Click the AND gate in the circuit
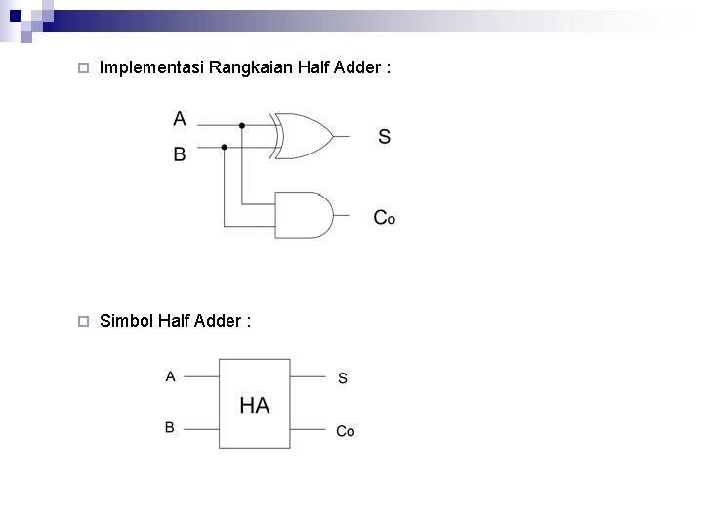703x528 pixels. [304, 214]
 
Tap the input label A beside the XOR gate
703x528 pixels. [180, 119]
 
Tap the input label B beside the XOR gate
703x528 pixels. [180, 154]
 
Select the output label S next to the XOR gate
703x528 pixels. [384, 136]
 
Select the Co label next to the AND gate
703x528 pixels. [384, 217]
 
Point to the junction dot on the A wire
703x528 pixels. [242, 125]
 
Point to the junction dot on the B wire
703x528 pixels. [225, 147]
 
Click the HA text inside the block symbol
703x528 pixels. [254, 405]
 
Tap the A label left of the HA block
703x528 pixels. [170, 374]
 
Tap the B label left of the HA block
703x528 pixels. [170, 427]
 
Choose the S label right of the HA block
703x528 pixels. [342, 377]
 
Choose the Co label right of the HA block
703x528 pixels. [346, 431]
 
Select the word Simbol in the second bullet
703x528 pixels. [123, 320]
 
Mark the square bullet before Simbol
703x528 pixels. [83, 320]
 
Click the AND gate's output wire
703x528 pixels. [342, 214]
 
